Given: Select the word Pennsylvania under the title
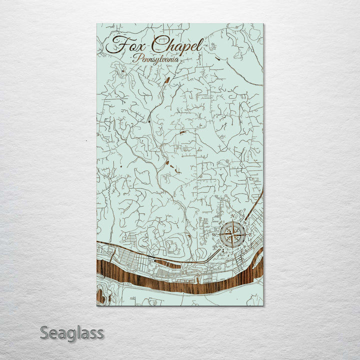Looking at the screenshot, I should tap(156, 58).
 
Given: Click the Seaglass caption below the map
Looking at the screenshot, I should tap(72, 332).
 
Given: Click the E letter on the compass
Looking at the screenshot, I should tap(250, 234).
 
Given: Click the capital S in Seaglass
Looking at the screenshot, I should tap(44, 332).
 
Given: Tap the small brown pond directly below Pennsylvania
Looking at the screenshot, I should tap(166, 79).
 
